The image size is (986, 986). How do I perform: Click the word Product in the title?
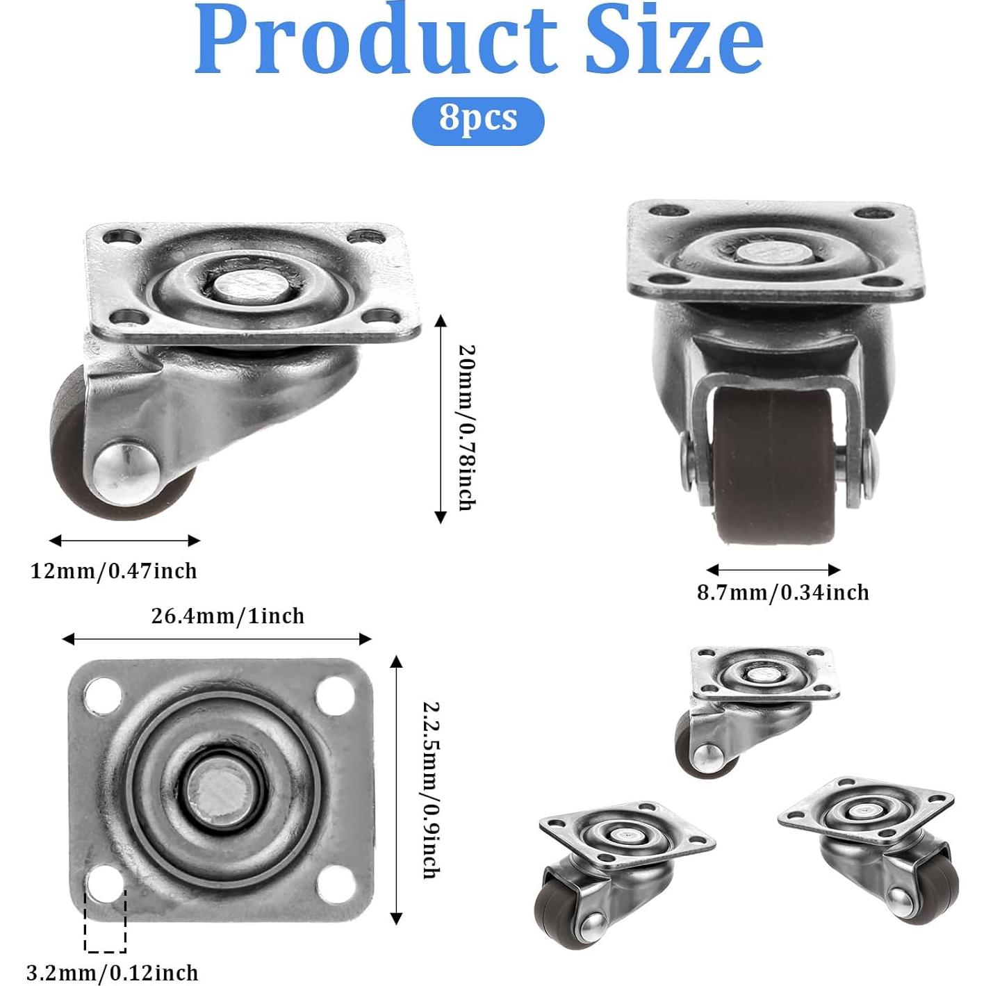point(376,40)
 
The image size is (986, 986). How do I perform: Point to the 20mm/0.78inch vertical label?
point(467,427)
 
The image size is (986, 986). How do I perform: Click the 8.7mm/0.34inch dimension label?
point(783,593)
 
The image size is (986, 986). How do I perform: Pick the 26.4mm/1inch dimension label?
point(228,616)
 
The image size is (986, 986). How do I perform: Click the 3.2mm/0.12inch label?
point(113,958)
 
